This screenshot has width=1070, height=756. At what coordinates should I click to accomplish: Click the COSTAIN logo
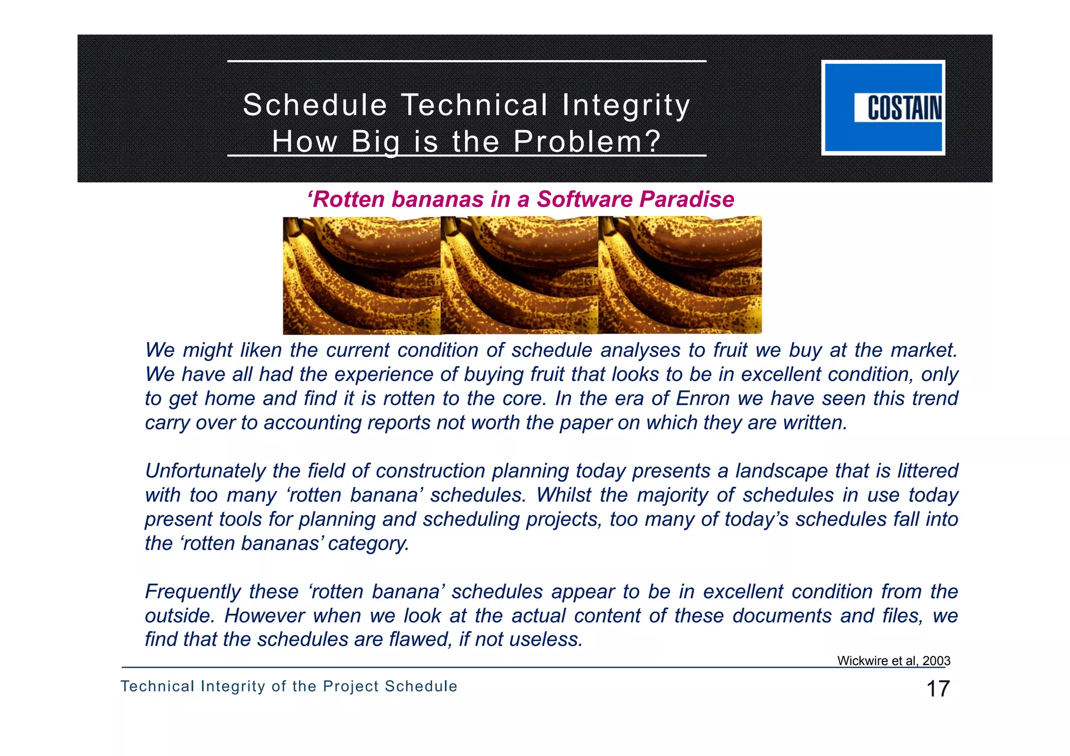click(x=883, y=108)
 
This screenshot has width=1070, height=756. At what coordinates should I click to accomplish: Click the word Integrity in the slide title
click(x=626, y=105)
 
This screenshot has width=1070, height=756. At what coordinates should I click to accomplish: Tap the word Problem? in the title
click(x=587, y=142)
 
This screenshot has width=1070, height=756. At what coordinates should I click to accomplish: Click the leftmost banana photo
click(x=362, y=275)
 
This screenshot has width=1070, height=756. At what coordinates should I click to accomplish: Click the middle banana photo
click(x=519, y=275)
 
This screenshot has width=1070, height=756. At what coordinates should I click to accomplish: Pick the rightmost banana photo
click(x=680, y=275)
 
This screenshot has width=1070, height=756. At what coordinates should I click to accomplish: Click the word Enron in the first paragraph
click(x=702, y=399)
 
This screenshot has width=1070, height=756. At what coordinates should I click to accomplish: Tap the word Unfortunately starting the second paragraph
click(x=205, y=471)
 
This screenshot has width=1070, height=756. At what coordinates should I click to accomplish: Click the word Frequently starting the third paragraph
click(x=192, y=592)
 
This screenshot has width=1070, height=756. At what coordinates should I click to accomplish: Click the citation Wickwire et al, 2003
click(x=893, y=661)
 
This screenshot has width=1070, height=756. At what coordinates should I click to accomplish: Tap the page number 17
click(x=938, y=689)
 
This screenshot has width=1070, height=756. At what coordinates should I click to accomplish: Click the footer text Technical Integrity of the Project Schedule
click(x=289, y=687)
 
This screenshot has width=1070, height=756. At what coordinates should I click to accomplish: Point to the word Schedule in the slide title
click(x=315, y=105)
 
